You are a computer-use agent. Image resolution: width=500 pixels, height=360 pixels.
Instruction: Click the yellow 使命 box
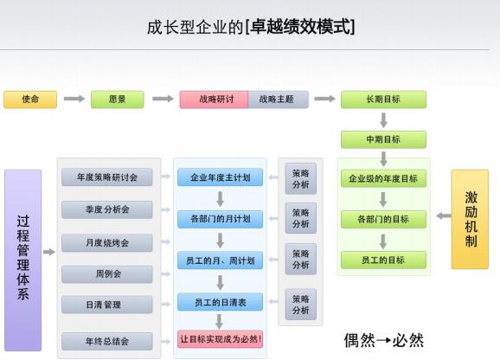click(x=30, y=100)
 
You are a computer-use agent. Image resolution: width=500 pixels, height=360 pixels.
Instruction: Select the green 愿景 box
click(x=118, y=100)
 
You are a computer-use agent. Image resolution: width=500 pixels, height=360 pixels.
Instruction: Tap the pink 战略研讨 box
click(x=214, y=100)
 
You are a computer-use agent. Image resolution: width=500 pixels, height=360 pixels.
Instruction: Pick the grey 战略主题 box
click(x=279, y=100)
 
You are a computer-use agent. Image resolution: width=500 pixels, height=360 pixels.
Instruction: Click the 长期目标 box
click(x=383, y=100)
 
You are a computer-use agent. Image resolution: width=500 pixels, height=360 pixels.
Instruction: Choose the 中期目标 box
click(x=383, y=139)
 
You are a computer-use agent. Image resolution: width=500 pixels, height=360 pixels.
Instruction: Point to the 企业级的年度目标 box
click(x=383, y=178)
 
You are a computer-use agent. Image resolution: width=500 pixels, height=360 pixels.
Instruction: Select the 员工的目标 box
click(x=383, y=260)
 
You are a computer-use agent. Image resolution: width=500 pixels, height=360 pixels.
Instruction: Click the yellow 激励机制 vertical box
click(x=470, y=220)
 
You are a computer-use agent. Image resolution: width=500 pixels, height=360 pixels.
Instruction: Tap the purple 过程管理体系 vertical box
click(x=23, y=260)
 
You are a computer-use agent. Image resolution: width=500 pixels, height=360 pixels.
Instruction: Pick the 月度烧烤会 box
click(x=107, y=242)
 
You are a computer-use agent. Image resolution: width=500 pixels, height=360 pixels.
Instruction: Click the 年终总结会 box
click(x=107, y=341)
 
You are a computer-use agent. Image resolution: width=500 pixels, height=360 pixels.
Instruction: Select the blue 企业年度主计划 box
click(x=220, y=177)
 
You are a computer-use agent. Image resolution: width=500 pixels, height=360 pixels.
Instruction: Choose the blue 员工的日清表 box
click(x=220, y=302)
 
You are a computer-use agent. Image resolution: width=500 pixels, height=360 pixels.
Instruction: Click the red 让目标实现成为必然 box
click(x=220, y=339)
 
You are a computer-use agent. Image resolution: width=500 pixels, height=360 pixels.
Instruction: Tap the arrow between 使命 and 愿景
click(x=74, y=99)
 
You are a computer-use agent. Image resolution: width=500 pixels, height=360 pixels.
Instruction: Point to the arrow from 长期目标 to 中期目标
click(x=383, y=120)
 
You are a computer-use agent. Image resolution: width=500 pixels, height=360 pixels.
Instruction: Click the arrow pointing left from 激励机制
click(x=444, y=215)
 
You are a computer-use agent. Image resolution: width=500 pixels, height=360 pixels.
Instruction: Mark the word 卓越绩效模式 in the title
click(x=301, y=26)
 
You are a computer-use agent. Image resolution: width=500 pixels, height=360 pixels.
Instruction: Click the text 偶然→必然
click(x=384, y=340)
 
